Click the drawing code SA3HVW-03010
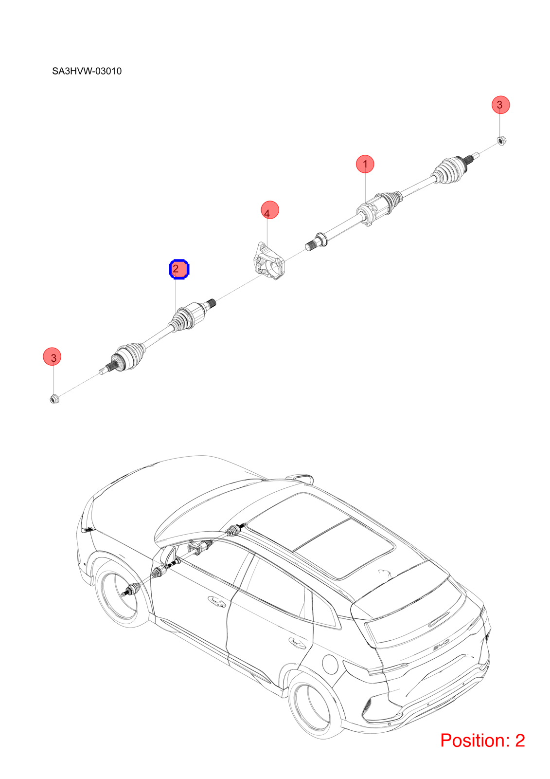tap(87, 71)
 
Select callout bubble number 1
tap(365, 164)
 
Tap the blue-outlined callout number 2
tap(179, 269)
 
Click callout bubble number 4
tap(269, 210)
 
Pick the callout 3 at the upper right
tap(500, 105)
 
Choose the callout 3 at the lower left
tap(52, 356)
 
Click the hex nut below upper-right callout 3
tap(501, 141)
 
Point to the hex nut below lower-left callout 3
tap(54, 399)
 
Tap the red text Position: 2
tap(482, 741)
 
